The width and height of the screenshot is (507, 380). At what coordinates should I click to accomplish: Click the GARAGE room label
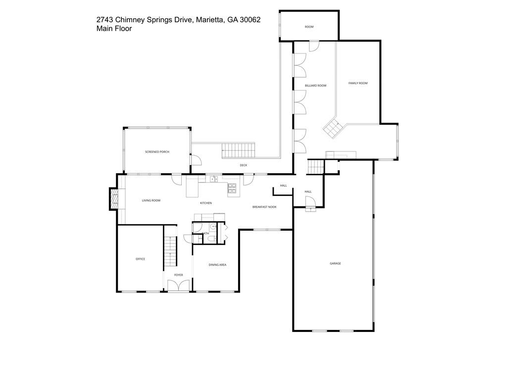click(335, 263)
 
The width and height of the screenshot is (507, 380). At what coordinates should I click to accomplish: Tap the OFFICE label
click(141, 259)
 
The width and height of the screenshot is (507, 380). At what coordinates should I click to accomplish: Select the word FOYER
click(178, 275)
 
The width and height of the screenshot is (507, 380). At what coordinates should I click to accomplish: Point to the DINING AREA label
click(217, 265)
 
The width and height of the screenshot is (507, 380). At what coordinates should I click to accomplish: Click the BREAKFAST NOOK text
click(264, 207)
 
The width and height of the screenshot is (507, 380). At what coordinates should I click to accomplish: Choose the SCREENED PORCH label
click(157, 152)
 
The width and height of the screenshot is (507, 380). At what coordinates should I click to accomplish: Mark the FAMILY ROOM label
click(357, 83)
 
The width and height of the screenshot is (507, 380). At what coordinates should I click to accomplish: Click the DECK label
click(243, 165)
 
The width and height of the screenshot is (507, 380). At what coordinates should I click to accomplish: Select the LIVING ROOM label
click(151, 200)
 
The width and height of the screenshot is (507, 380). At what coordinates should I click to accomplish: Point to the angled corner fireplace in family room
click(332, 128)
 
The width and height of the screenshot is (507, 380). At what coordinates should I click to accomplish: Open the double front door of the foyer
click(178, 286)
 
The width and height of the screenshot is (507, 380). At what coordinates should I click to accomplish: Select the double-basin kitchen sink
click(214, 179)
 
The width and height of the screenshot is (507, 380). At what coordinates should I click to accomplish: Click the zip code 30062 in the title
click(250, 20)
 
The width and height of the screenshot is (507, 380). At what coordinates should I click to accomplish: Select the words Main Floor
click(114, 29)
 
